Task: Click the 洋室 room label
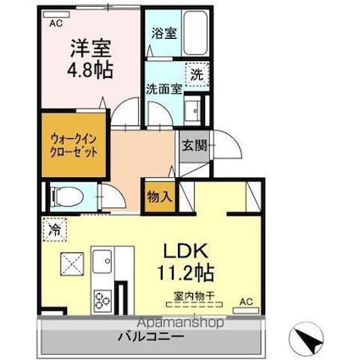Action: (90, 48)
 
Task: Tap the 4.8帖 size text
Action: (90, 70)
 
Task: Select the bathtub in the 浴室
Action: (196, 33)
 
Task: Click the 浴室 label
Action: (164, 33)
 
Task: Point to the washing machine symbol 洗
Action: (197, 75)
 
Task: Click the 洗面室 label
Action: (164, 90)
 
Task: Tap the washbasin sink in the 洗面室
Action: (192, 110)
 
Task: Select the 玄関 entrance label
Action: (195, 146)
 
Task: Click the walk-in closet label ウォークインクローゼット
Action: (74, 146)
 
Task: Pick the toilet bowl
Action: (67, 197)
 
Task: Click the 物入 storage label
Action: (160, 197)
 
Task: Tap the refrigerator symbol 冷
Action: (55, 230)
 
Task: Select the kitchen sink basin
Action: (102, 262)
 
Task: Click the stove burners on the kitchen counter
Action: (102, 301)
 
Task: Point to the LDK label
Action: (186, 251)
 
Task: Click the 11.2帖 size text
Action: (186, 273)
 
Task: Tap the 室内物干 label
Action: (194, 296)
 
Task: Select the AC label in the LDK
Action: (246, 302)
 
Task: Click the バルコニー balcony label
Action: (152, 337)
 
